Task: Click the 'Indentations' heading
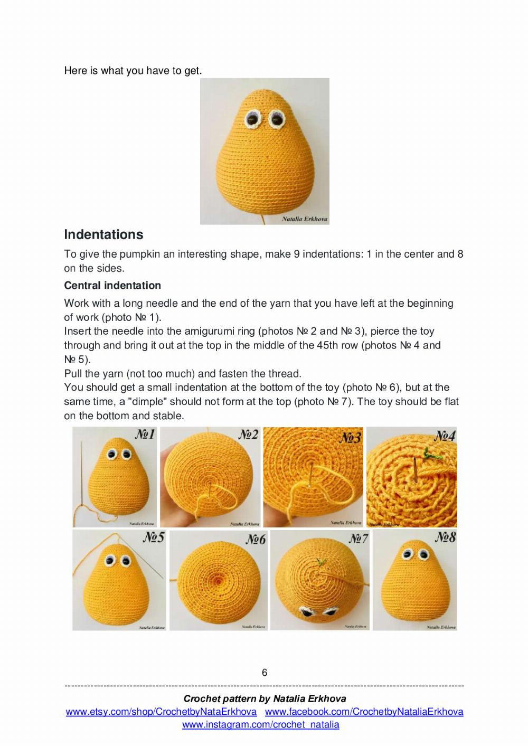(103, 234)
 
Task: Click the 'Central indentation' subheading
(112, 286)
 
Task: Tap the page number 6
(265, 673)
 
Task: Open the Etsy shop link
(161, 712)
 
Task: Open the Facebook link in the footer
(364, 712)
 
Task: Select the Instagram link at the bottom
(261, 725)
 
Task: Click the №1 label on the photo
(145, 435)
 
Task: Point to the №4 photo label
(445, 436)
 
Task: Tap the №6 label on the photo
(256, 540)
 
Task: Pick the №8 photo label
(445, 537)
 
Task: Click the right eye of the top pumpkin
(276, 119)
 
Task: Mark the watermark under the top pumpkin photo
(304, 219)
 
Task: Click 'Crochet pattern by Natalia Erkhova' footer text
(265, 699)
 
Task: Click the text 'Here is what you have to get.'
(133, 71)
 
